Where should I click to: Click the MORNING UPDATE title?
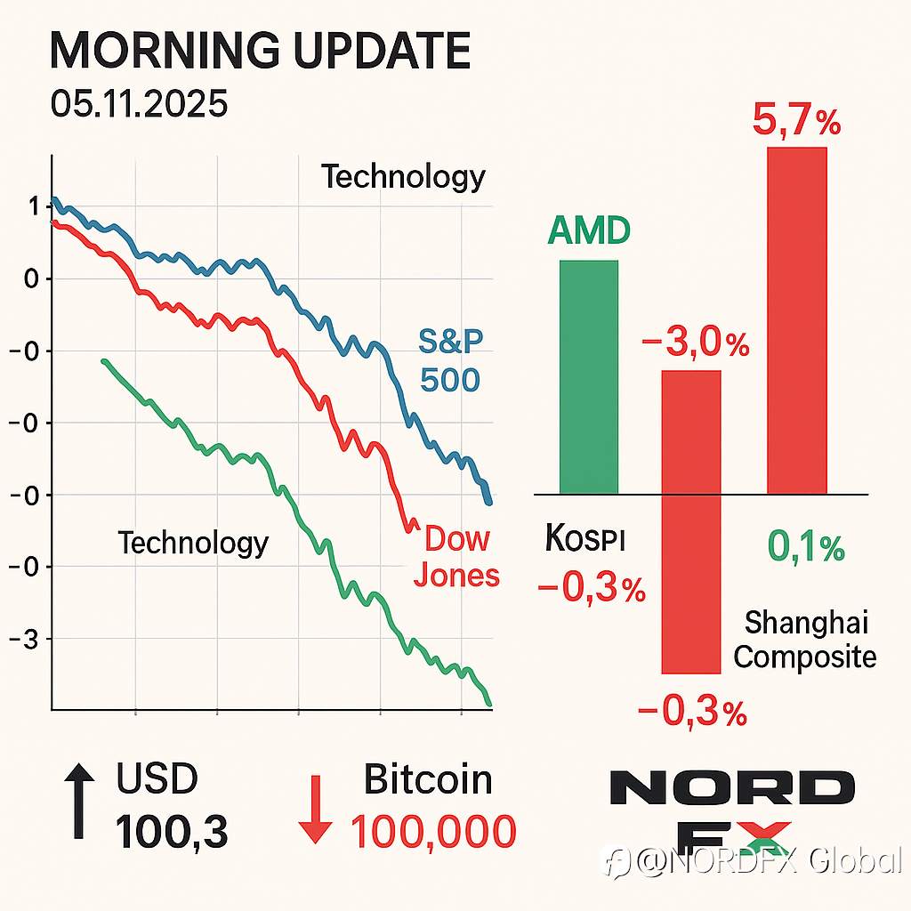coord(259,52)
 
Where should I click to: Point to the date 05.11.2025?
coord(139,105)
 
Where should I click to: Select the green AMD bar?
coord(588,377)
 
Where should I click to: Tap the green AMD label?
coord(588,231)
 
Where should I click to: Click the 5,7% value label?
coord(796,120)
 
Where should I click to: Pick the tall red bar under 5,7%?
coord(796,320)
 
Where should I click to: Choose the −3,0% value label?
coord(695,343)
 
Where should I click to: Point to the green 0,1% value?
coord(805,550)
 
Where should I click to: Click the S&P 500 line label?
coord(449,360)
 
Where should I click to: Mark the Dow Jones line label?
coord(461,557)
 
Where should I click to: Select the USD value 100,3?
coord(172,832)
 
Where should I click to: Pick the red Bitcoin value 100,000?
coord(432,832)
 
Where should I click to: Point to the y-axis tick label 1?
coord(33,207)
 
